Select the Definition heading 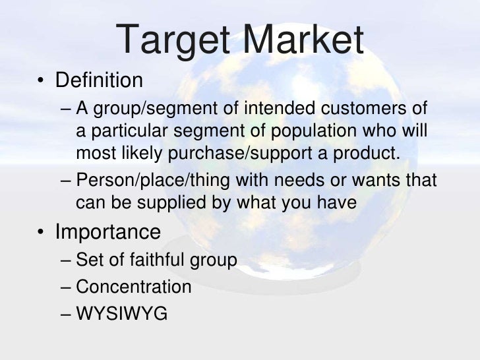pos(99,81)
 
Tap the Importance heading pos(107,232)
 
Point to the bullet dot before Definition pos(41,82)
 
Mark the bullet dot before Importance pos(41,233)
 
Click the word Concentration pos(134,287)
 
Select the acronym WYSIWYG pos(121,313)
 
